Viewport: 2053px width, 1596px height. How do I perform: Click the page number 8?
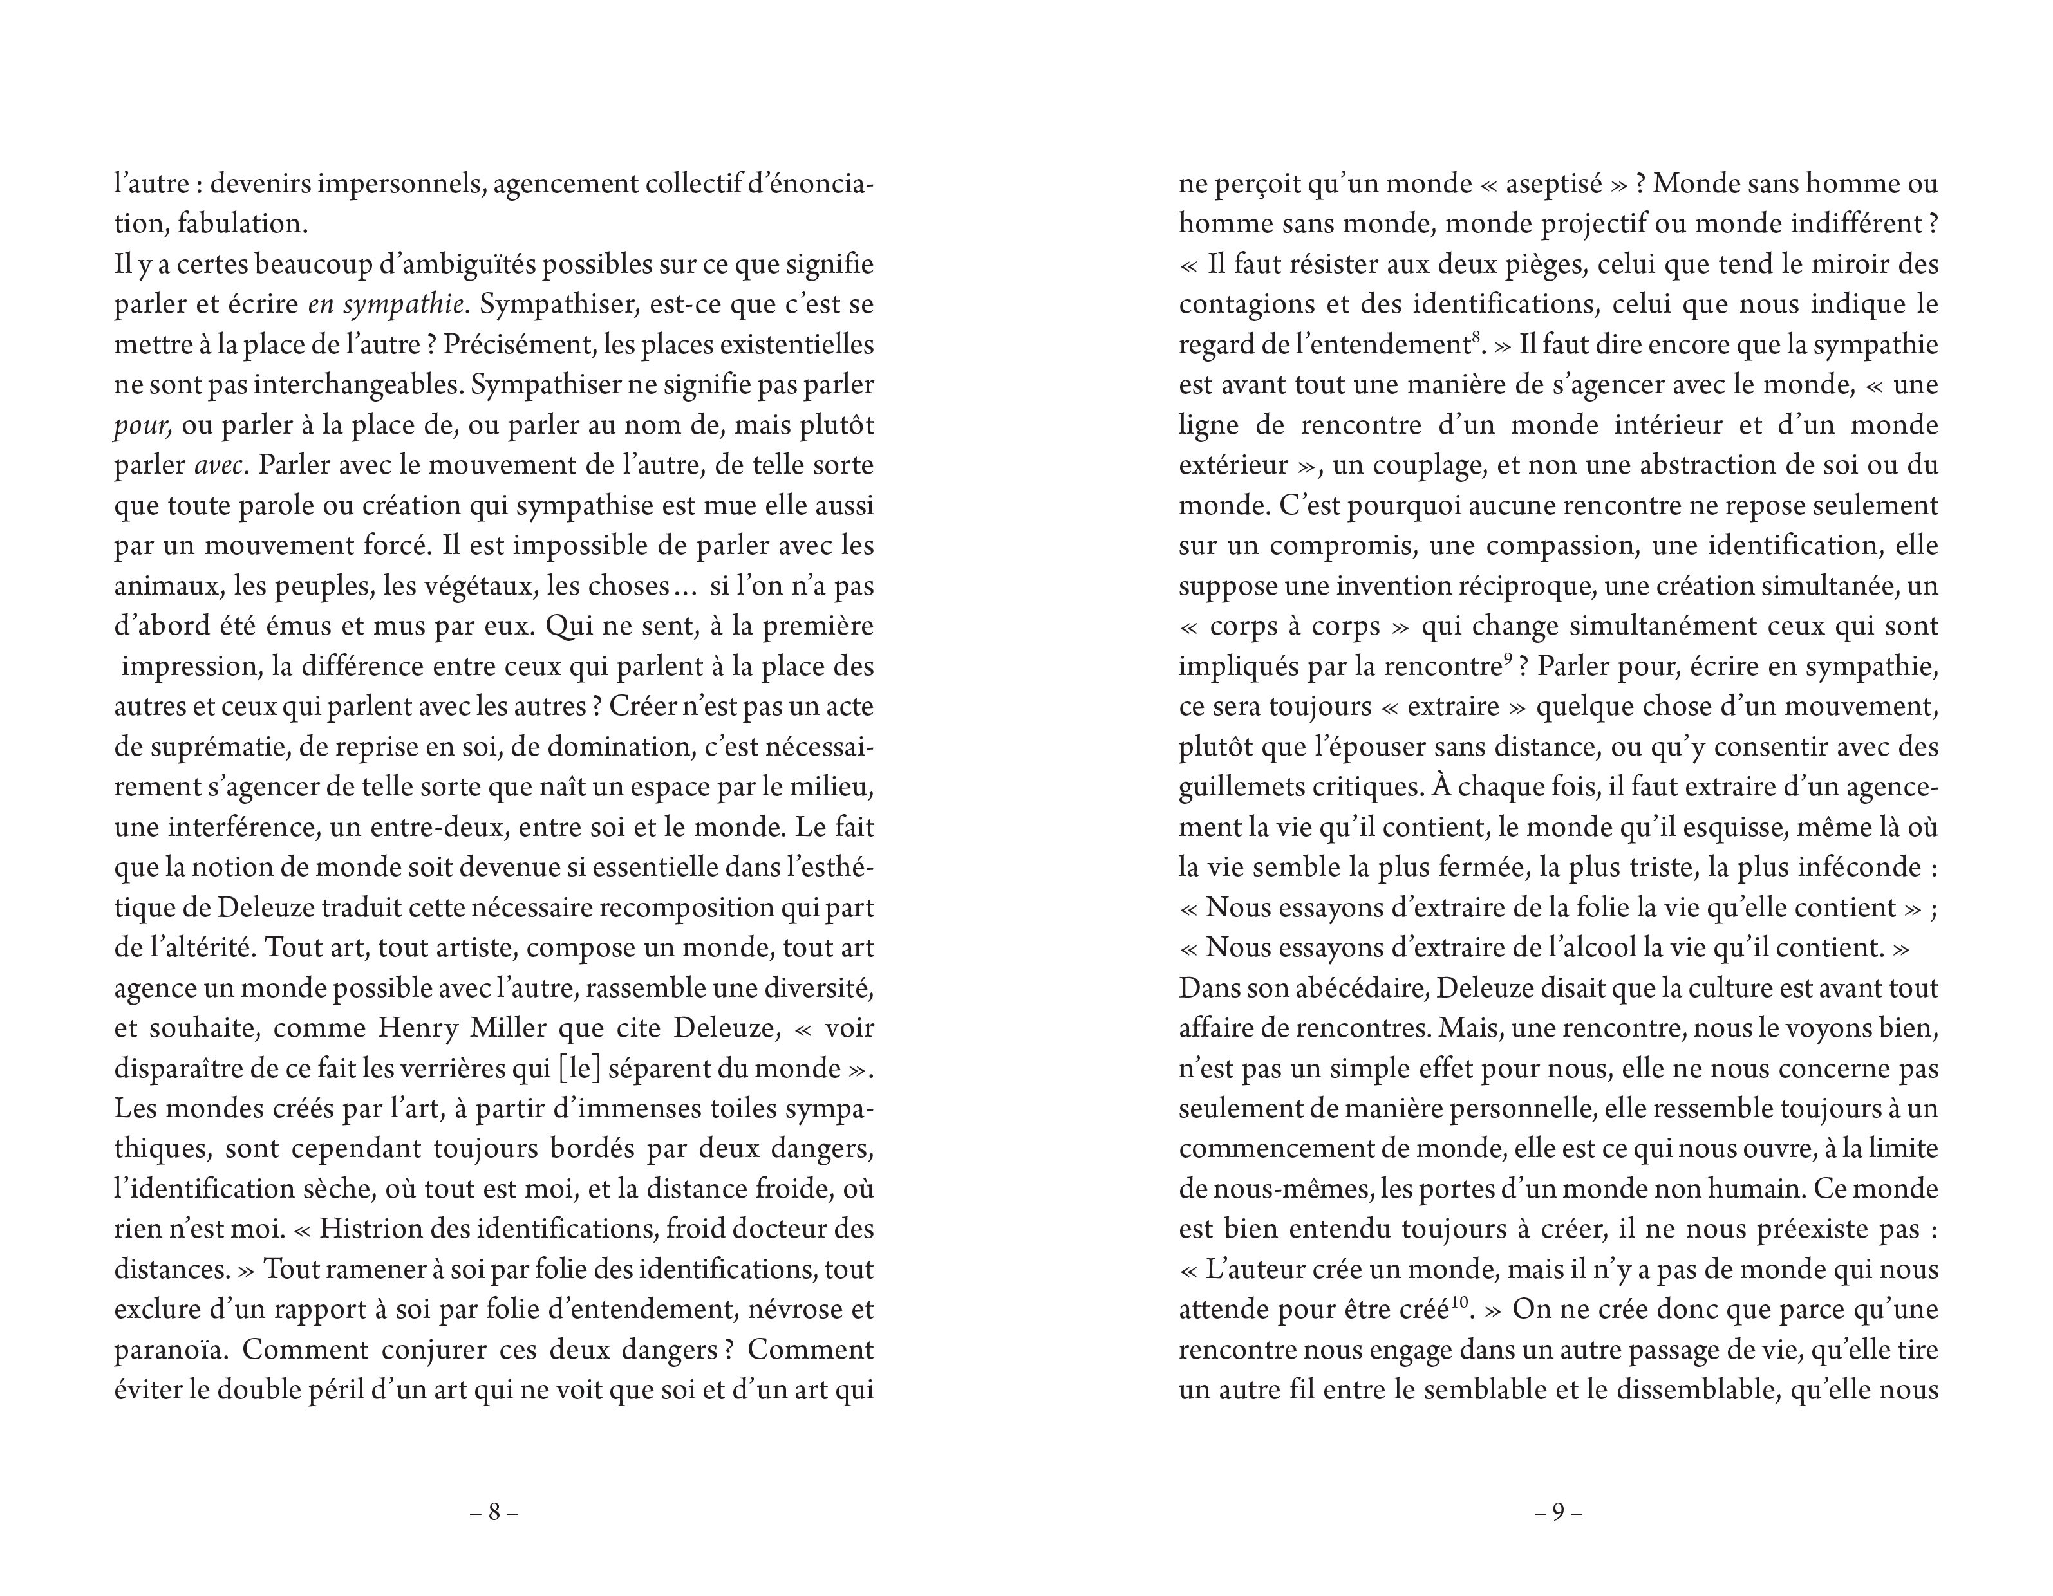click(x=494, y=1512)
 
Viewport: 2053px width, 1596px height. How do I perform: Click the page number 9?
click(x=1557, y=1512)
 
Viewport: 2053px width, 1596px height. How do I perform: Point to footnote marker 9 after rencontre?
click(x=1507, y=658)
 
